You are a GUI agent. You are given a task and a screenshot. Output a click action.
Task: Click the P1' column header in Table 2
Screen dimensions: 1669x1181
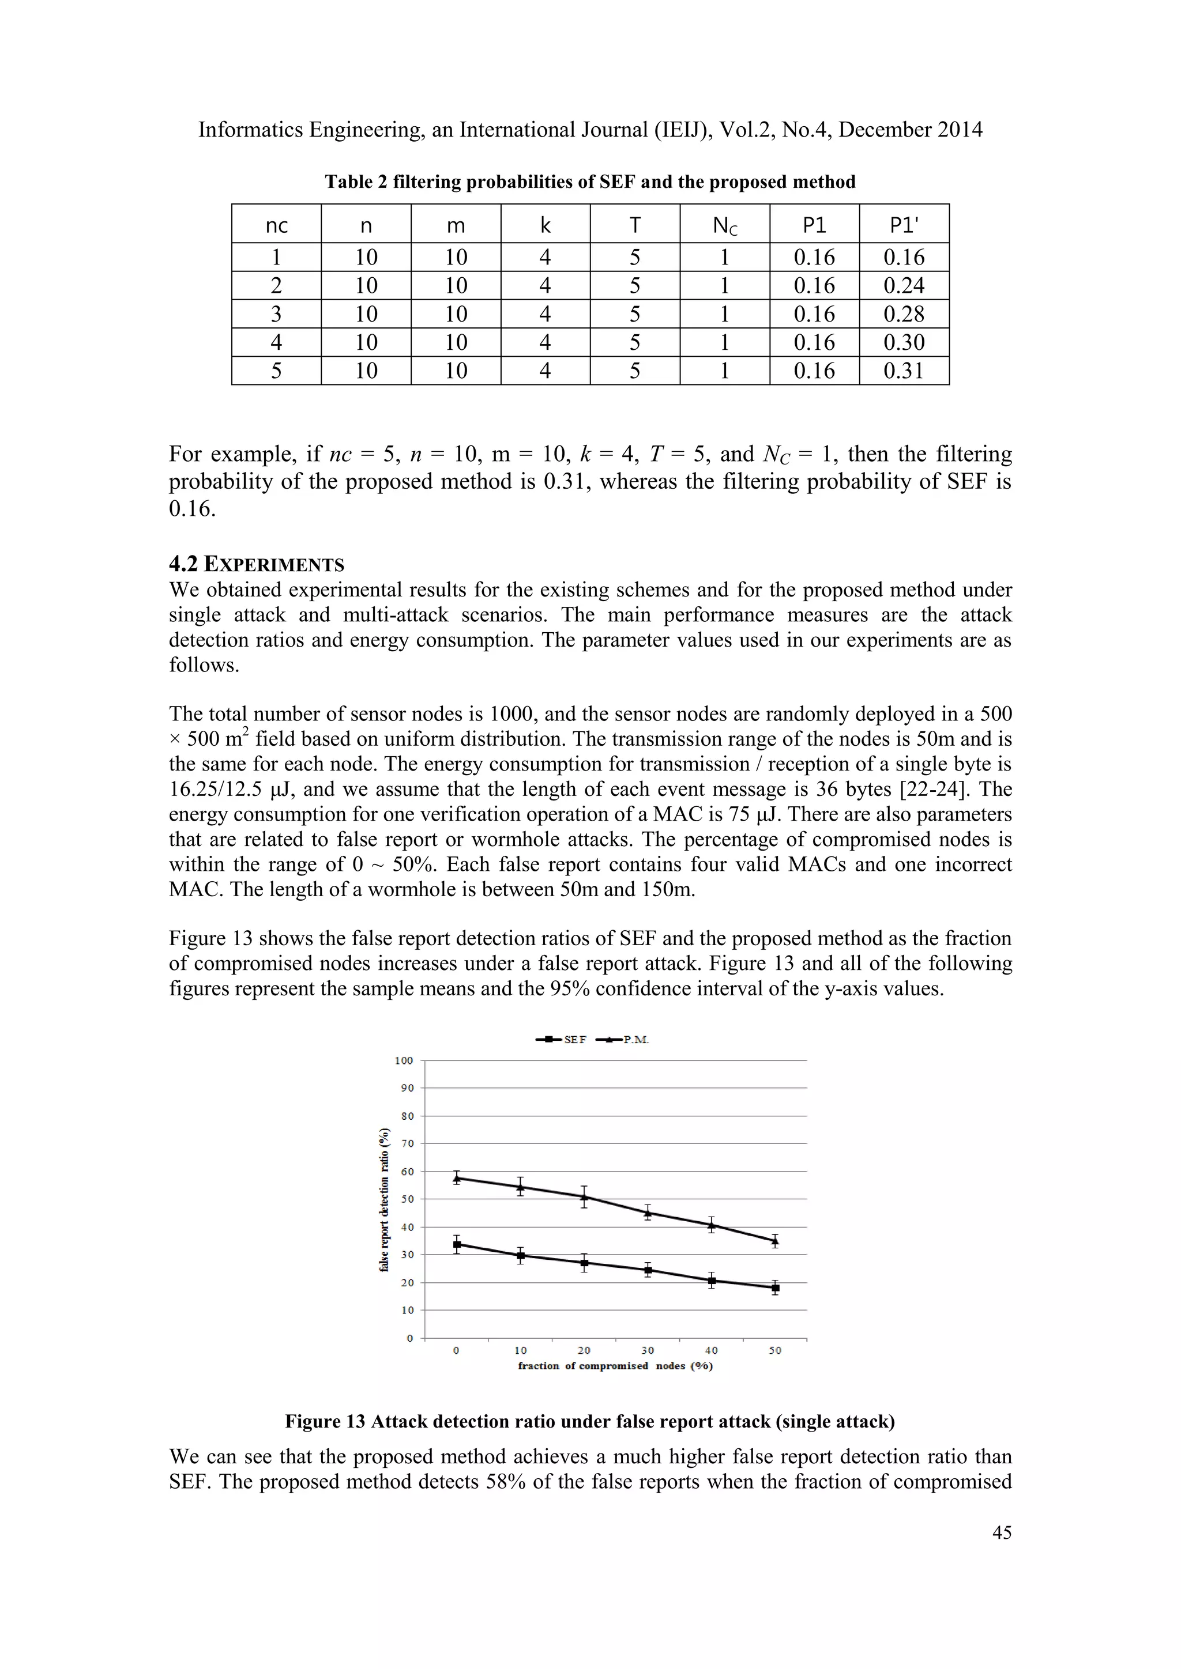pyautogui.click(x=904, y=225)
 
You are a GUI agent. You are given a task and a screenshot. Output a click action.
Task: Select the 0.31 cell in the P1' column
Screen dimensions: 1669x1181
pyautogui.click(x=904, y=371)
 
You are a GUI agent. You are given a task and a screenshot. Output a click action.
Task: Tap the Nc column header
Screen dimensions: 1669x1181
pyautogui.click(x=724, y=225)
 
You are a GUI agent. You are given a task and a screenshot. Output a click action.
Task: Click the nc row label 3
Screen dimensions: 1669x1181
pyautogui.click(x=276, y=314)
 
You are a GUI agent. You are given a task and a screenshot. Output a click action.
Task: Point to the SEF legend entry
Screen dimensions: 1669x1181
pyautogui.click(x=562, y=1040)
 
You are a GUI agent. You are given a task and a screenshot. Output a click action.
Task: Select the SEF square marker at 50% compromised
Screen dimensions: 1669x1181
pyautogui.click(x=775, y=1288)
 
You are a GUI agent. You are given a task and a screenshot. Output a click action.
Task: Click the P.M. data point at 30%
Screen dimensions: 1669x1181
pyautogui.click(x=647, y=1212)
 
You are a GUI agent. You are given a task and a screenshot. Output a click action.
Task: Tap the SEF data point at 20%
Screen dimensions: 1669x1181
pyautogui.click(x=584, y=1263)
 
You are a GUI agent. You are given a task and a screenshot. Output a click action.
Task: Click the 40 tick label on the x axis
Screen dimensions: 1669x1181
pyautogui.click(x=711, y=1351)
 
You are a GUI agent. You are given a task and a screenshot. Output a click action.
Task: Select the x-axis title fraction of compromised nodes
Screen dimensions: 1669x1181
pyautogui.click(x=615, y=1366)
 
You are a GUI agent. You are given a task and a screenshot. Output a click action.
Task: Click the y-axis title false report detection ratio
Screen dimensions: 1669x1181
pyautogui.click(x=384, y=1199)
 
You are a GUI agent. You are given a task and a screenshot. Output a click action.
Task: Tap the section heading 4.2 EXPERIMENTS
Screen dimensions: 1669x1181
pyautogui.click(x=257, y=564)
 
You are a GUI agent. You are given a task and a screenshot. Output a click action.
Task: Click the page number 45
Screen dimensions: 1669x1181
pyautogui.click(x=1002, y=1532)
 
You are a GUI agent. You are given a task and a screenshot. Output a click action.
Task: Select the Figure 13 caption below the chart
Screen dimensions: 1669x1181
pyautogui.click(x=590, y=1421)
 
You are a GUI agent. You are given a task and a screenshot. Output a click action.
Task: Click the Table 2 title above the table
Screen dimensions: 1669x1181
pyautogui.click(x=590, y=182)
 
